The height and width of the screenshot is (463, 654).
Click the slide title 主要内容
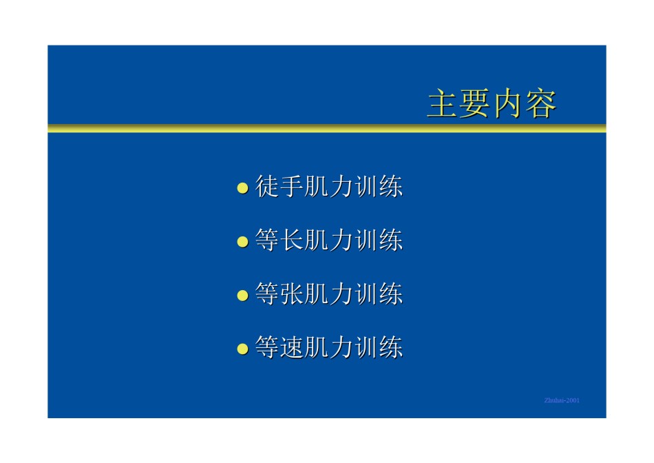click(x=492, y=103)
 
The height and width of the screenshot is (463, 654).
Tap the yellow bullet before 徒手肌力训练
click(x=243, y=188)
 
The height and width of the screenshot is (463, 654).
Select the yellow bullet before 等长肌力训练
click(x=243, y=242)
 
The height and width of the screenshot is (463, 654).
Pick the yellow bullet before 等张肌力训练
click(x=243, y=296)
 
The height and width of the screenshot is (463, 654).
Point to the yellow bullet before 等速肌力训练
click(x=243, y=349)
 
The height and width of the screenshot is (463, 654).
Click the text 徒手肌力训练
click(x=329, y=186)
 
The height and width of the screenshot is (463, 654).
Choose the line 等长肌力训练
click(x=329, y=240)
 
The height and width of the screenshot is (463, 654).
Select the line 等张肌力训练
click(x=329, y=294)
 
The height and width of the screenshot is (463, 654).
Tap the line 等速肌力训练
click(x=329, y=347)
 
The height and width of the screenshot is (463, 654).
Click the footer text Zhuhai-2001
click(x=562, y=400)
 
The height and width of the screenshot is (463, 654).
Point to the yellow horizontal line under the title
click(x=327, y=128)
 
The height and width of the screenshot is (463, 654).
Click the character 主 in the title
click(x=443, y=103)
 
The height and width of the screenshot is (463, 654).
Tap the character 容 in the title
click(x=541, y=103)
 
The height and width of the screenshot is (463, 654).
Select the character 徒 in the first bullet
click(x=267, y=186)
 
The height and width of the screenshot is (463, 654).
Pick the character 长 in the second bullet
click(x=292, y=240)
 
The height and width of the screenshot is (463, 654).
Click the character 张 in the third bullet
click(x=292, y=294)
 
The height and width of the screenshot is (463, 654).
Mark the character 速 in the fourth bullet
click(x=292, y=347)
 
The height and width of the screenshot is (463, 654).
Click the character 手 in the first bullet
click(x=292, y=186)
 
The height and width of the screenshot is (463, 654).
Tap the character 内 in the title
click(x=508, y=103)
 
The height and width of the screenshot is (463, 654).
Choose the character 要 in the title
click(x=476, y=103)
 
